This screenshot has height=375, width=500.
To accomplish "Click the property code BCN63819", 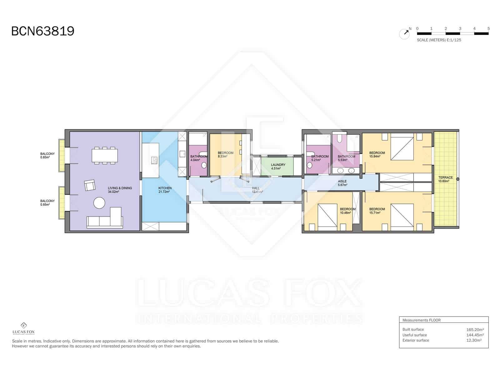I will tap(43, 31).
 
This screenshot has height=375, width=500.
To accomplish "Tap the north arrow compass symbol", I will tap(405, 33).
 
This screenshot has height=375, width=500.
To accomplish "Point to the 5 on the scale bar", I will tap(488, 28).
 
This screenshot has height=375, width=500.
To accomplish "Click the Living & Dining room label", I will tap(120, 190).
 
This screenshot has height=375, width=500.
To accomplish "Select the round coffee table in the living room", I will tap(100, 203).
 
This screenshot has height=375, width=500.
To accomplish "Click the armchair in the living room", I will tap(90, 185).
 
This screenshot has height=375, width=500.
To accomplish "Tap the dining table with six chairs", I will tap(105, 155).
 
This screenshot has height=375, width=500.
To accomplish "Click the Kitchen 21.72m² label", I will tap(165, 190).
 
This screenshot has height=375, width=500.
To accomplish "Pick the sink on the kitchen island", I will tap(154, 160).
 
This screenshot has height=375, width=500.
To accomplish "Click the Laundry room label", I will tap(278, 166).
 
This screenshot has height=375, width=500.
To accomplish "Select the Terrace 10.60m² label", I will tap(445, 179).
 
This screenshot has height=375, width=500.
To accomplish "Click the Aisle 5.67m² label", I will tap(342, 183).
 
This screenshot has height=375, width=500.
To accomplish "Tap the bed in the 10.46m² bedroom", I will tap(327, 217).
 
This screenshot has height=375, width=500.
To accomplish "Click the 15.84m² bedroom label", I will tap(377, 154).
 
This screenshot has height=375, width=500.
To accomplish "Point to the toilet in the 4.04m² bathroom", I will tap(204, 165).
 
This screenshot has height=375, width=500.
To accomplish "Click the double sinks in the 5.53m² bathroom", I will tap(346, 170).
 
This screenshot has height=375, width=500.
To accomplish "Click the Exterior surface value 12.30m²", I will tap(474, 340).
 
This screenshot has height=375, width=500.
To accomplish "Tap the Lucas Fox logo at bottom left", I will tap(23, 328).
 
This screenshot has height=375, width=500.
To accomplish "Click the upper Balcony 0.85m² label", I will tap(47, 155).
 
